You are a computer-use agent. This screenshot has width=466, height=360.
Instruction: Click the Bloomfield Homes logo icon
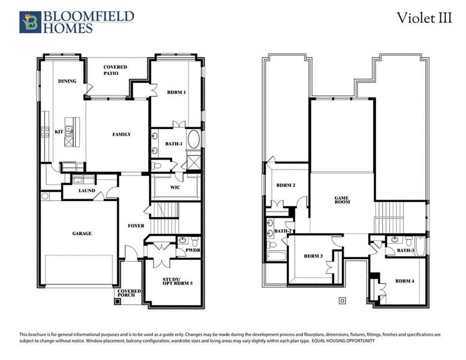(x=30, y=22)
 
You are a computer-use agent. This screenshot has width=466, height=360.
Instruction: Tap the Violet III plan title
(x=424, y=18)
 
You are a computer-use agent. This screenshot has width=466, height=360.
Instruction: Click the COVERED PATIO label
(x=115, y=70)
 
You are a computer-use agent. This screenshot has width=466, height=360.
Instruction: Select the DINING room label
(x=67, y=81)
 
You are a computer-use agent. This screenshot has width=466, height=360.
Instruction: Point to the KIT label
(x=59, y=131)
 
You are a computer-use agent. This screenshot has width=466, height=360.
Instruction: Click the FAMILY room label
(x=122, y=134)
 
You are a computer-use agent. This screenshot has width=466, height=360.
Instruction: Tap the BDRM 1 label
(x=176, y=92)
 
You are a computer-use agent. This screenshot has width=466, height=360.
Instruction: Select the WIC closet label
(x=175, y=187)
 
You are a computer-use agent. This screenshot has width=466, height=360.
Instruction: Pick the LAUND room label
(x=87, y=191)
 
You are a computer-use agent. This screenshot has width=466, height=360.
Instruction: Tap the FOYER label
(x=136, y=226)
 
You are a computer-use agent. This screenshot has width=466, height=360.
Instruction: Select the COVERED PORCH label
(x=130, y=293)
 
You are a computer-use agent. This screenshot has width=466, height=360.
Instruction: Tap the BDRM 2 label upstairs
(x=285, y=185)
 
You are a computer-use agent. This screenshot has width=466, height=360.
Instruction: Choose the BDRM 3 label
(x=313, y=256)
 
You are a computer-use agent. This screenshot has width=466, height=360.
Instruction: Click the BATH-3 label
(x=405, y=250)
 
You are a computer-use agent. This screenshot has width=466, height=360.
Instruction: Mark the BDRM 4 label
(x=405, y=281)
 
